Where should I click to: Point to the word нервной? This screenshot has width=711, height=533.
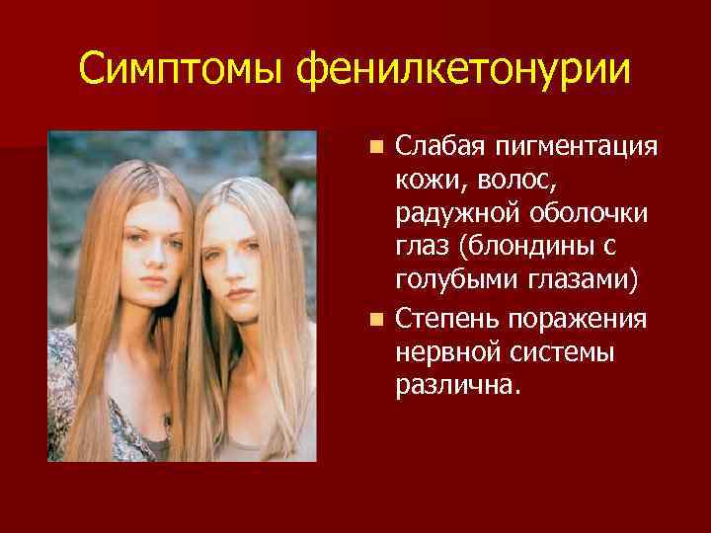[x=444, y=351]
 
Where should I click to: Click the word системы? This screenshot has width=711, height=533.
[x=565, y=351]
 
